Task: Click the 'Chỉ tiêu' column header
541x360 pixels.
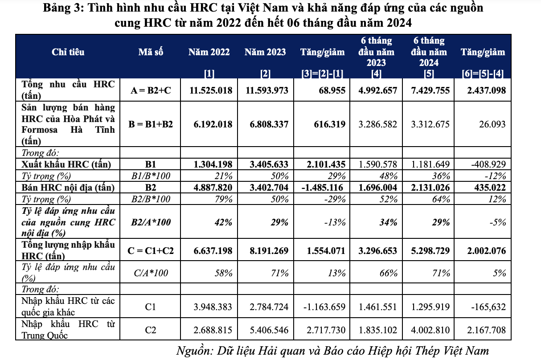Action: pyautogui.click(x=68, y=52)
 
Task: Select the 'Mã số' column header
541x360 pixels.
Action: pyautogui.click(x=151, y=52)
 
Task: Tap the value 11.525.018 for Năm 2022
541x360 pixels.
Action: pyautogui.click(x=211, y=90)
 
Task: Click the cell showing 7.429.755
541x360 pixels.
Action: pyautogui.click(x=428, y=90)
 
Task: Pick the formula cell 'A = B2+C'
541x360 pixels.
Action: pyautogui.click(x=151, y=90)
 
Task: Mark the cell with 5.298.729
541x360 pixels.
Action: pyautogui.click(x=428, y=251)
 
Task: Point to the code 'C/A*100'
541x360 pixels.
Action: pyautogui.click(x=151, y=273)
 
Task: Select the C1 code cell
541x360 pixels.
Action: pyautogui.click(x=151, y=307)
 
